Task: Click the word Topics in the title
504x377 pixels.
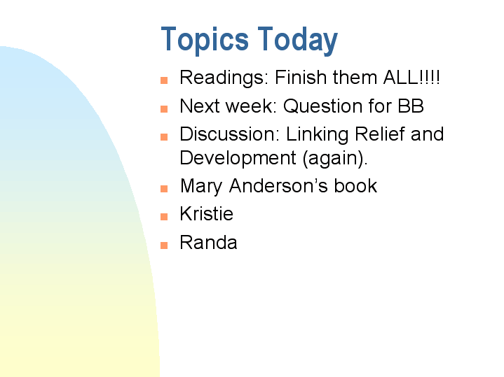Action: [205, 40]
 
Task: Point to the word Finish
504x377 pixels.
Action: [299, 77]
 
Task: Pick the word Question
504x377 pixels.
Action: [325, 106]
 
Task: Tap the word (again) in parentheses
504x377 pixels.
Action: [335, 159]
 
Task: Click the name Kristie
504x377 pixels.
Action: [207, 214]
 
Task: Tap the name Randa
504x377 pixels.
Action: [208, 243]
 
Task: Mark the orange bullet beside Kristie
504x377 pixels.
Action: [164, 216]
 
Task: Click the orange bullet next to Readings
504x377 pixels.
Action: [164, 80]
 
